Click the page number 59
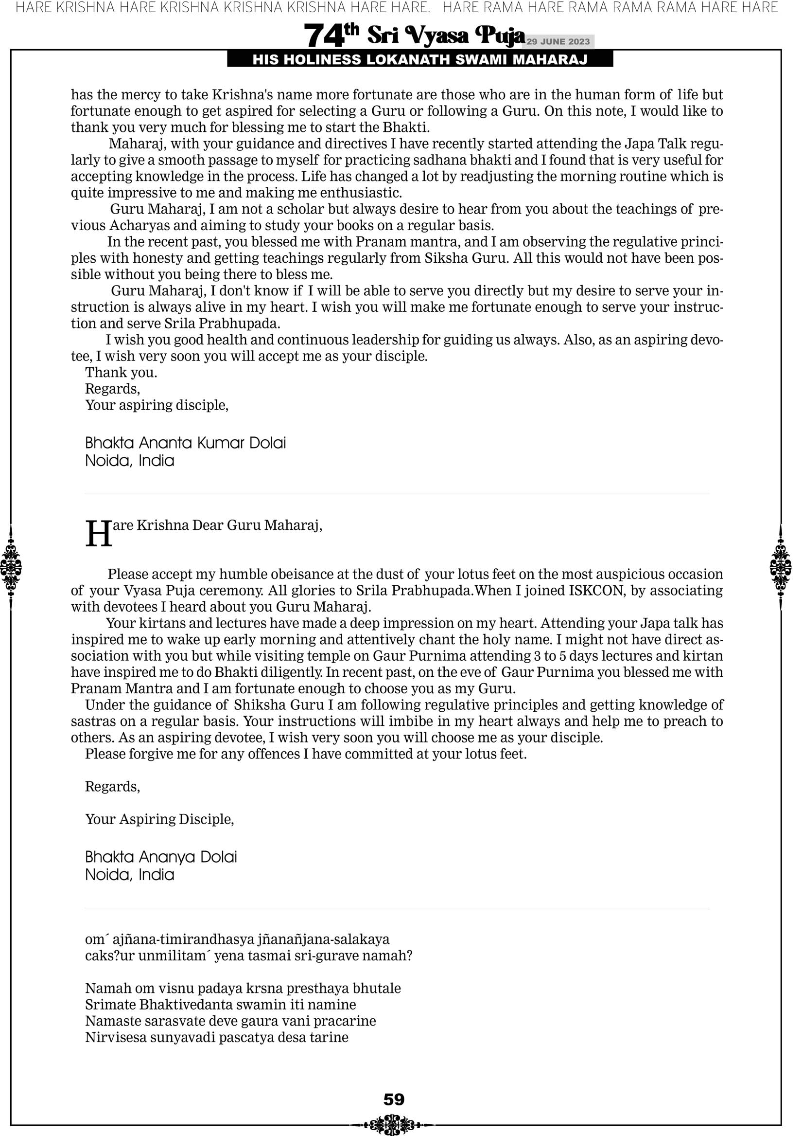point(394,1099)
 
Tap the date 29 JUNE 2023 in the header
point(558,41)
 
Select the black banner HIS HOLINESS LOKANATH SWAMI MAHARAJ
point(420,60)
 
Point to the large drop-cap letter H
point(98,534)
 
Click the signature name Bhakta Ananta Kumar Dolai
point(185,443)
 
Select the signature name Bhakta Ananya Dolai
point(161,857)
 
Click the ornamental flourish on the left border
point(10,567)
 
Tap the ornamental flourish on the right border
point(781,567)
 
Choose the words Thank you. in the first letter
point(121,373)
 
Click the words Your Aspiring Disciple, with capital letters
point(159,819)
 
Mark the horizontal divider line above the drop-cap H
point(397,494)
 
